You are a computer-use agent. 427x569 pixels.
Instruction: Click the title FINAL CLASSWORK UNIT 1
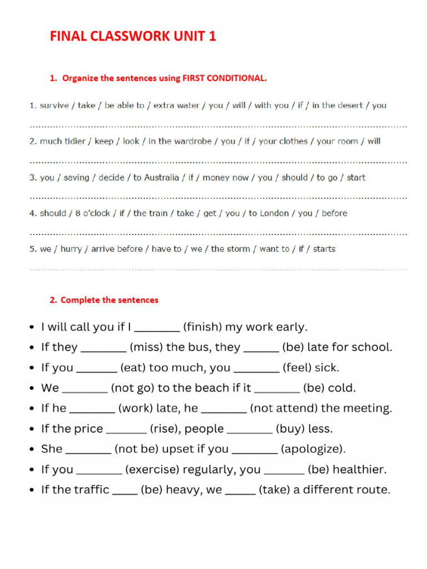point(133,37)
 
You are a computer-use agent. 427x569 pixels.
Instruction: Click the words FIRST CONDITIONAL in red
point(225,78)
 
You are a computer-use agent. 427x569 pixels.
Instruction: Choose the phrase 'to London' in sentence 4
point(270,213)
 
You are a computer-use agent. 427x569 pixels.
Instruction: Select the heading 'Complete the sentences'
point(109,300)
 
